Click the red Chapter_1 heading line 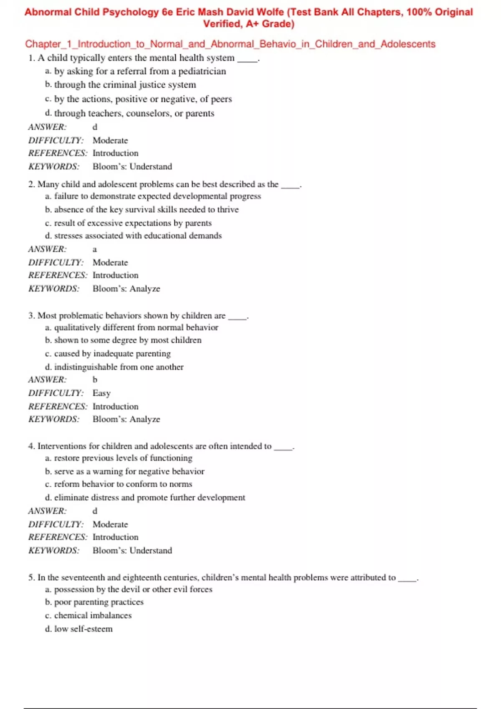pos(230,44)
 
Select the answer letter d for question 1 pos(95,127)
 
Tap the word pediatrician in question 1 pos(202,71)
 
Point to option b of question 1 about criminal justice pos(121,85)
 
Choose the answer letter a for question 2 pos(95,249)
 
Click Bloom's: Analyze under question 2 pos(126,289)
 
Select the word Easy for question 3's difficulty pos(101,393)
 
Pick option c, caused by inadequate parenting pos(108,354)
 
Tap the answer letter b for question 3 pos(95,380)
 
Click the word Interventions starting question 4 pos(62,446)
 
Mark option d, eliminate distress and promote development pos(145,498)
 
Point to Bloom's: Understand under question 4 pos(132,551)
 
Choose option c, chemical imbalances pos(89,616)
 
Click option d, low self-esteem pos(79,629)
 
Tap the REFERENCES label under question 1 pos(58,153)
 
